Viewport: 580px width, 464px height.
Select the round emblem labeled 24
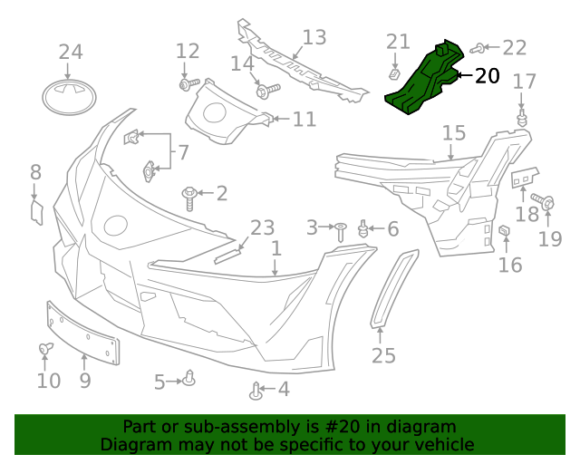pyautogui.click(x=70, y=98)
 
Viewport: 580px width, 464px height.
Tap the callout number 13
pyautogui.click(x=314, y=38)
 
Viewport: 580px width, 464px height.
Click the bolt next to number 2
pyautogui.click(x=191, y=196)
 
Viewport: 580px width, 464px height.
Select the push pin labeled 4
pyautogui.click(x=256, y=391)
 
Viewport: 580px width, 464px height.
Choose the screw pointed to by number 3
pyautogui.click(x=341, y=230)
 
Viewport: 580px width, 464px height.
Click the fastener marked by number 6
pyautogui.click(x=363, y=228)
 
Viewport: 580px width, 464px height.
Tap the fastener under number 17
pyautogui.click(x=522, y=120)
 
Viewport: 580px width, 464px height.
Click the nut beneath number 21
pyautogui.click(x=395, y=71)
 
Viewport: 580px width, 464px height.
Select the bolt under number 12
pyautogui.click(x=188, y=84)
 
